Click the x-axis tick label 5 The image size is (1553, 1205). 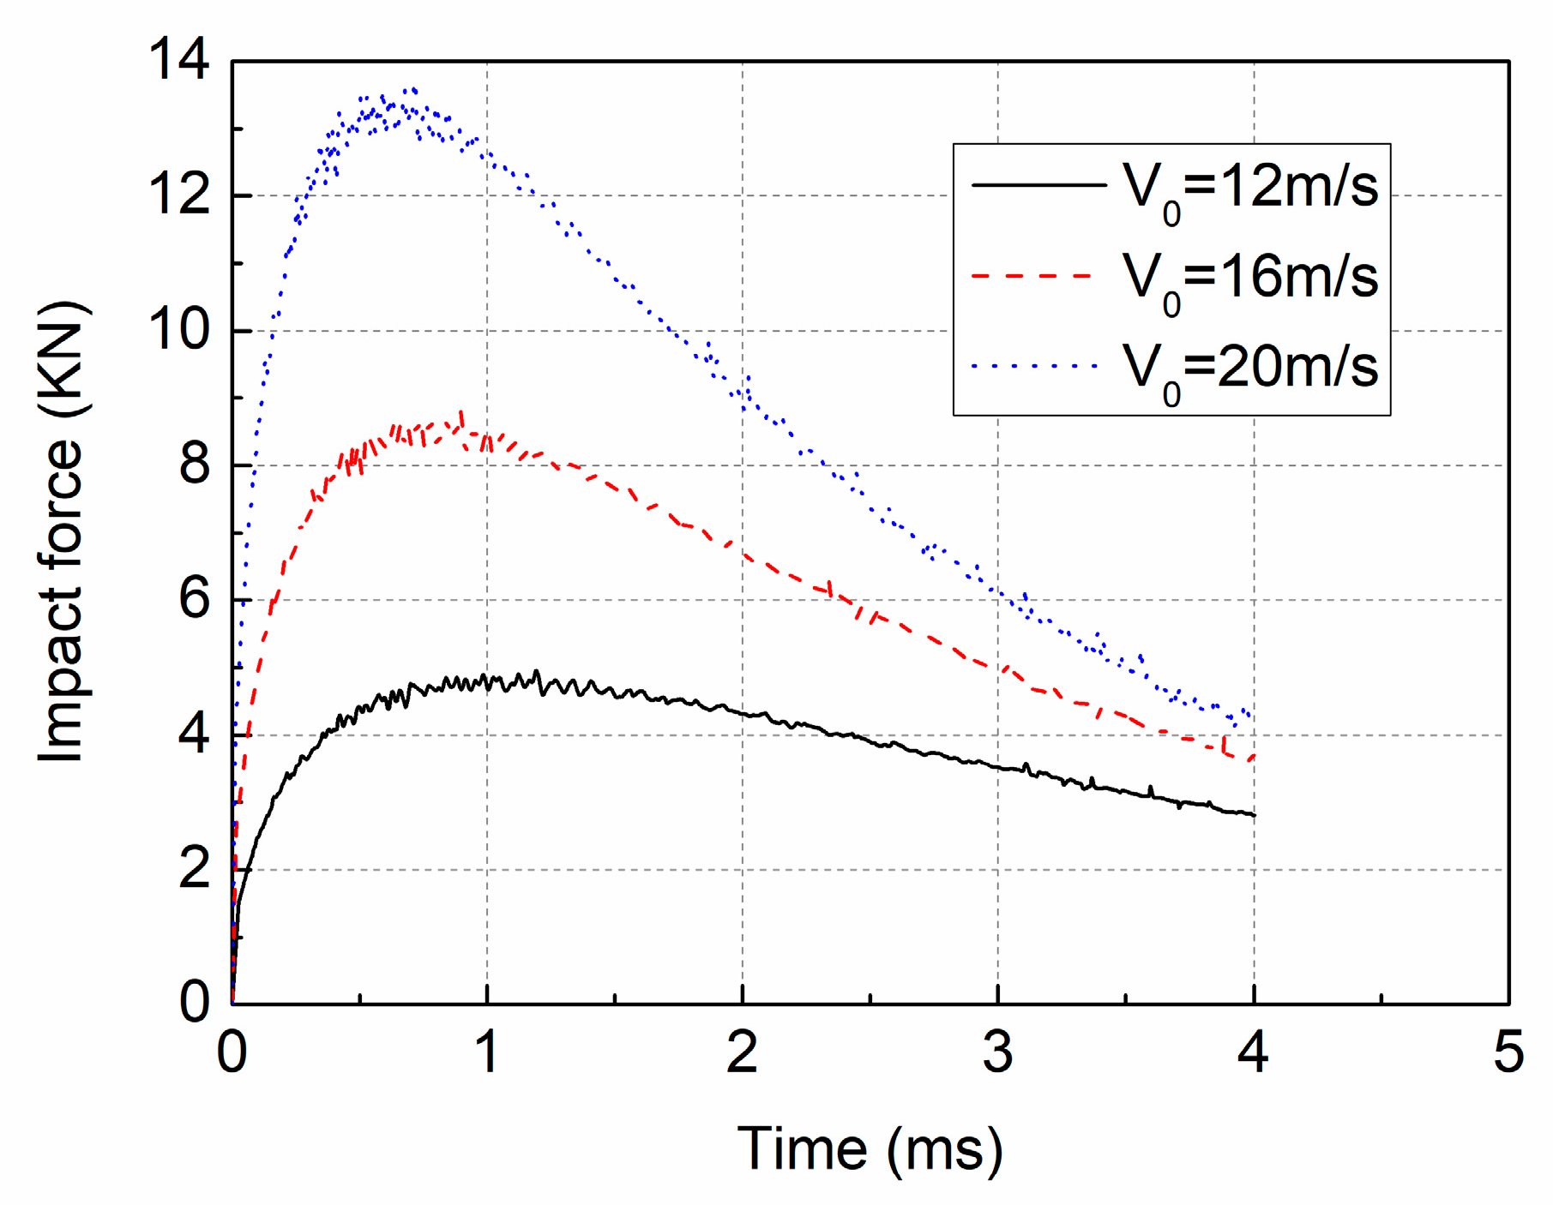click(1508, 1052)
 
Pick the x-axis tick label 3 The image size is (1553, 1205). click(997, 1052)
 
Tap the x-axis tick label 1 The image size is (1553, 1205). click(487, 1052)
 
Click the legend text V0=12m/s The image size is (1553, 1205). click(1250, 187)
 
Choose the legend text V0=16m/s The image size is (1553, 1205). click(1250, 278)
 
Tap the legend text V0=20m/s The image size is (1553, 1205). click(1250, 368)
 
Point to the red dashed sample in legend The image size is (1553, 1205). click(1033, 276)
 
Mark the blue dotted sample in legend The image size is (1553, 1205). click(1035, 367)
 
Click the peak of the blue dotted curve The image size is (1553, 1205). click(413, 89)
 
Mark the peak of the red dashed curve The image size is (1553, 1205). click(462, 414)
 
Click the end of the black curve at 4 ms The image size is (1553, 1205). click(1254, 815)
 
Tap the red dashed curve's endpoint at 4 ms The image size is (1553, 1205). click(1254, 756)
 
